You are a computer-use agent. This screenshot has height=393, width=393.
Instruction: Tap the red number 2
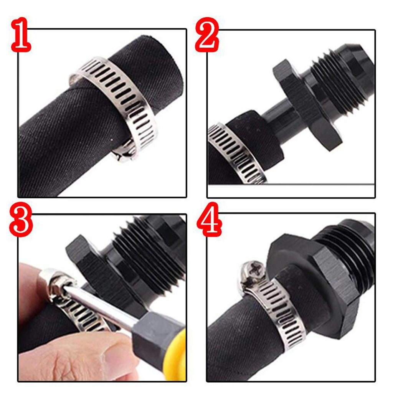tap(207, 35)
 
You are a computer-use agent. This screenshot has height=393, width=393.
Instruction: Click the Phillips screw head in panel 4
tap(252, 272)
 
